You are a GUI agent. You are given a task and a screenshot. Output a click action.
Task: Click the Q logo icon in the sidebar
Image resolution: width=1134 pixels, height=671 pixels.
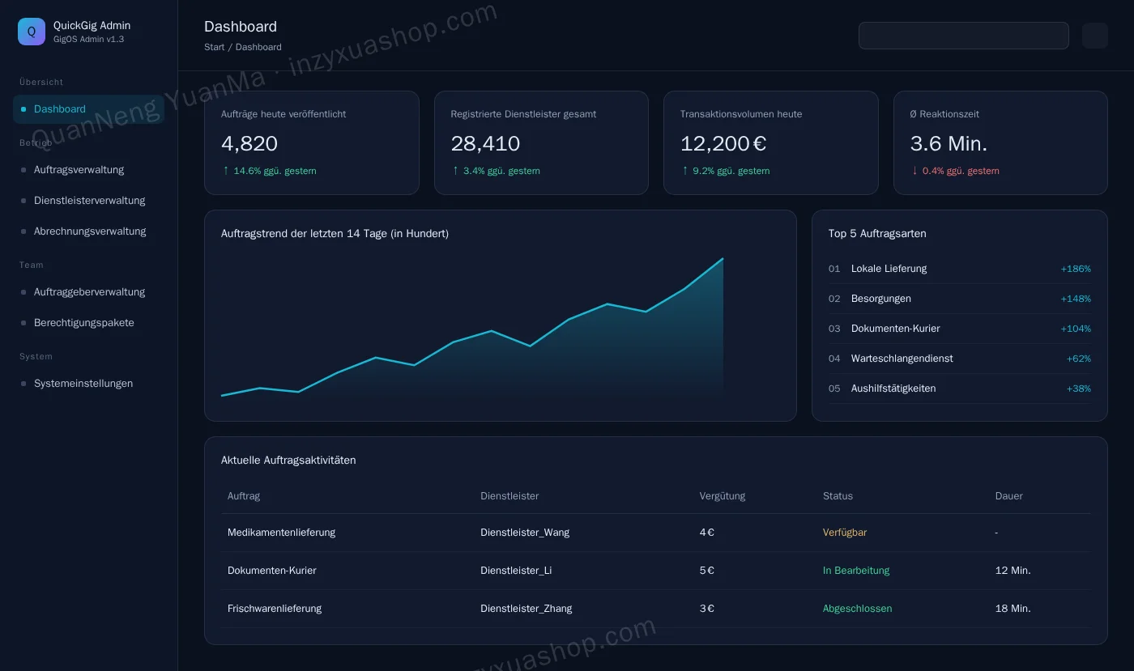point(32,32)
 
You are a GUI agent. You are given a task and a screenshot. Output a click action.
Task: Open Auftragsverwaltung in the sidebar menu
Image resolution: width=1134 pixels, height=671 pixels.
point(79,170)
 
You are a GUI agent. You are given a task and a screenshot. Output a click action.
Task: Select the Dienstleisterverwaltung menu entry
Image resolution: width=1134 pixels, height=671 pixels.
point(89,201)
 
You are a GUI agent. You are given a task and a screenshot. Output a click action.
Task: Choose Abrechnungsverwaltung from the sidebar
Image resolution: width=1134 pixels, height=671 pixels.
point(90,231)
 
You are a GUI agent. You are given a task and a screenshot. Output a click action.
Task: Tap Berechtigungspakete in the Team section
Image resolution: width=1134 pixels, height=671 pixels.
point(83,323)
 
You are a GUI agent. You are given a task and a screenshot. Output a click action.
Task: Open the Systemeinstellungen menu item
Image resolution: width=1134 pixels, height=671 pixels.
point(83,384)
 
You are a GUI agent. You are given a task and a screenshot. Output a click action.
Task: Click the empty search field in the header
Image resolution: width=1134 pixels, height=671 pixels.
point(963,36)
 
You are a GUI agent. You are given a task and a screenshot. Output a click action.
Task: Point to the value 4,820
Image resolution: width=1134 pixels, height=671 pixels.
point(249,144)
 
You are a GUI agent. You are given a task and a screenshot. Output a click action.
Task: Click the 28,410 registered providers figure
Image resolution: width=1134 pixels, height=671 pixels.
point(485,144)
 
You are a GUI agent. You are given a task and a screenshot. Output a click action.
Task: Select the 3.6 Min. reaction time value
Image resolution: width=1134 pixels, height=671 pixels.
point(949,144)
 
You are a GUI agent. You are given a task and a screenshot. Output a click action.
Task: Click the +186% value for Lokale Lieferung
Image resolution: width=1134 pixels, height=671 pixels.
point(1076,269)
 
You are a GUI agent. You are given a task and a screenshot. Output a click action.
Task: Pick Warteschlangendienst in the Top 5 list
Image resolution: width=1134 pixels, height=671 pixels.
point(902,359)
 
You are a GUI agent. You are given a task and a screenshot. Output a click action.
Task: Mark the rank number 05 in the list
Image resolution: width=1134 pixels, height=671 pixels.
point(833,389)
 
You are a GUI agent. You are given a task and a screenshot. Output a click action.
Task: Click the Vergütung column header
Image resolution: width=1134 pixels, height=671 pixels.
point(722,496)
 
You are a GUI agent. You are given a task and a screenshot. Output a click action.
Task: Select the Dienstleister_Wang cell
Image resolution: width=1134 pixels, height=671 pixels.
point(525,533)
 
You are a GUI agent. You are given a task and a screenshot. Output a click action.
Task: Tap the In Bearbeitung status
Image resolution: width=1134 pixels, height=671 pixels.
point(855,571)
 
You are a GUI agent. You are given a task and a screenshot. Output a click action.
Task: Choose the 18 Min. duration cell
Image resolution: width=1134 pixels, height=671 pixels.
point(1013,608)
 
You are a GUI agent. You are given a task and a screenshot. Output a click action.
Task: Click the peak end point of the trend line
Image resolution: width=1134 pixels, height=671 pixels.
point(723,258)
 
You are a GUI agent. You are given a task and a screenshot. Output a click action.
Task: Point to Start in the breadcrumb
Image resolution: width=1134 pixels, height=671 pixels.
point(214,47)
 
